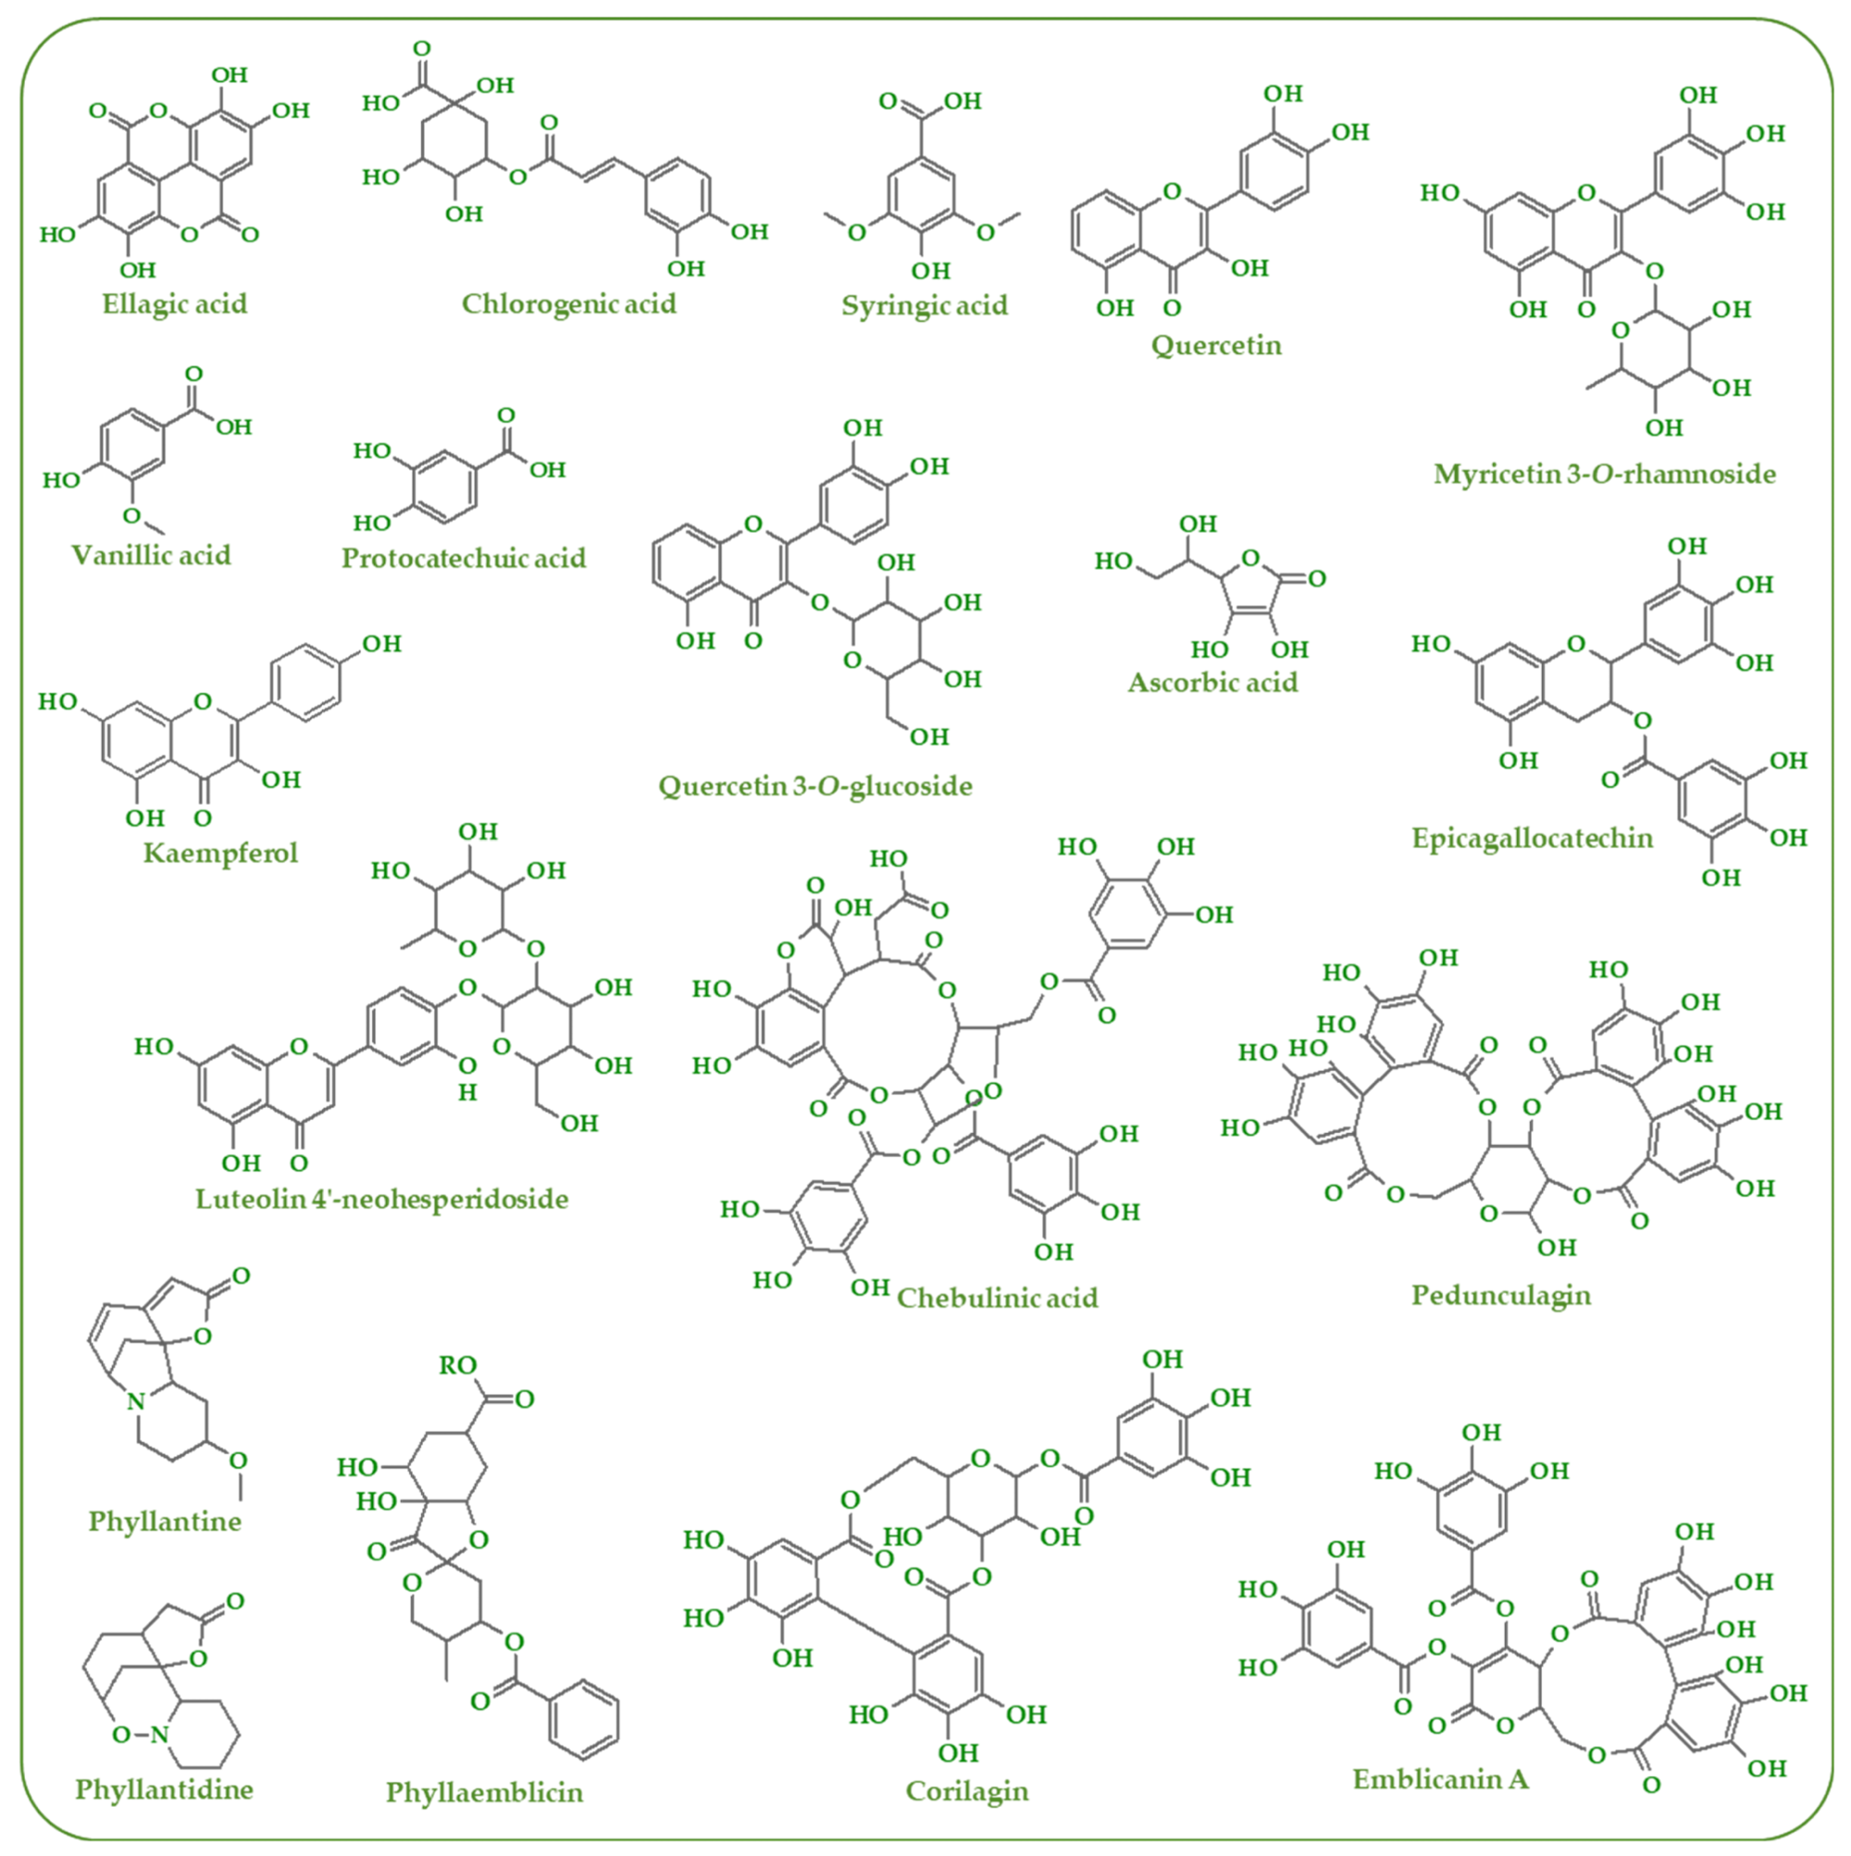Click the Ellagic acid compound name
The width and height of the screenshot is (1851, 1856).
click(x=174, y=304)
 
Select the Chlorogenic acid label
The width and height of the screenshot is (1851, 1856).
click(x=569, y=304)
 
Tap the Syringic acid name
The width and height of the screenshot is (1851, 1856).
click(x=924, y=306)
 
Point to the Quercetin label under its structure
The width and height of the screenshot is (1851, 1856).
click(x=1216, y=346)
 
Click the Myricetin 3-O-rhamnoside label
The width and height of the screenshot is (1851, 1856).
click(x=1604, y=474)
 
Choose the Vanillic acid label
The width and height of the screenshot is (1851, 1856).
click(x=152, y=556)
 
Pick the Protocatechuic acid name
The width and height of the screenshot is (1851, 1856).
click(x=464, y=559)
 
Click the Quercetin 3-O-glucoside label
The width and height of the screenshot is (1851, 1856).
click(x=815, y=787)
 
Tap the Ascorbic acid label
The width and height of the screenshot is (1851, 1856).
click(x=1213, y=683)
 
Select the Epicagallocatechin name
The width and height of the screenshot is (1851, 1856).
click(x=1532, y=839)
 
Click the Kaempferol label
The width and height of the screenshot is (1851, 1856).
click(x=221, y=853)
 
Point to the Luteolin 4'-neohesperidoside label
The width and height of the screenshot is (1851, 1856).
click(x=382, y=1200)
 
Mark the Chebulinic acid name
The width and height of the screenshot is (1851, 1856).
click(x=997, y=1299)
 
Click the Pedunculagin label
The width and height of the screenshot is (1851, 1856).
click(x=1500, y=1295)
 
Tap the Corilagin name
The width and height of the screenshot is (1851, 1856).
click(x=966, y=1792)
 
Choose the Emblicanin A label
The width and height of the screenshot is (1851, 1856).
click(x=1440, y=1780)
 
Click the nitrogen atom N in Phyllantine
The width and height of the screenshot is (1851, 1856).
click(x=136, y=1401)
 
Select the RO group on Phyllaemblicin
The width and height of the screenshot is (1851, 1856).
click(x=458, y=1365)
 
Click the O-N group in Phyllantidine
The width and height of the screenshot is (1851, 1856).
click(x=140, y=1735)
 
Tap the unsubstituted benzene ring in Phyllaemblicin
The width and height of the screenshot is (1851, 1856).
click(x=583, y=1720)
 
